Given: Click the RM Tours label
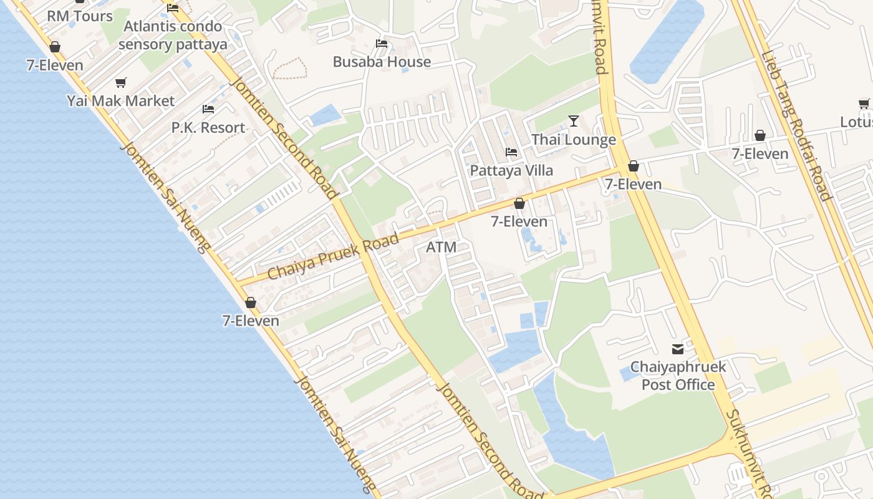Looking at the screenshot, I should point(80,16).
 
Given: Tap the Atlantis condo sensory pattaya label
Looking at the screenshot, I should point(173,36).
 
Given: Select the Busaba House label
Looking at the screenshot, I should point(382,62).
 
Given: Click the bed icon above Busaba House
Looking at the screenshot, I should point(382,44).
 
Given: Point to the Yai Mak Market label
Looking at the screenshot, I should point(121,100).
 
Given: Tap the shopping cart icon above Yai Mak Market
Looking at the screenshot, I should point(121,82).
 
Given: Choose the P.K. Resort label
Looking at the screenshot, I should point(208,128).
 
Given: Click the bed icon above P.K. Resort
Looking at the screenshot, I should point(208,109).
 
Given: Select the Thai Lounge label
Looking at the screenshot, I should point(574,140).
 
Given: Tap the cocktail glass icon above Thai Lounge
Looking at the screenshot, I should point(574,121).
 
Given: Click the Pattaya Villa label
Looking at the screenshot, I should point(511,170).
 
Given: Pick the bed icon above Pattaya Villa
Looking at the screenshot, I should point(511,152).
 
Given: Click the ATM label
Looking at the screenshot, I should point(441,247).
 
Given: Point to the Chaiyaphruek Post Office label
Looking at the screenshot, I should point(678,375).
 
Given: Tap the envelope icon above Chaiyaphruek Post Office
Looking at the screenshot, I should point(678,349).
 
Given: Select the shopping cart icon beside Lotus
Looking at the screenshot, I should point(864,104).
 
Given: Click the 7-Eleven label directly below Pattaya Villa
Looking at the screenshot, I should point(519,221).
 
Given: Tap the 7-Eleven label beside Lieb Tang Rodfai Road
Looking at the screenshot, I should point(760,153).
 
